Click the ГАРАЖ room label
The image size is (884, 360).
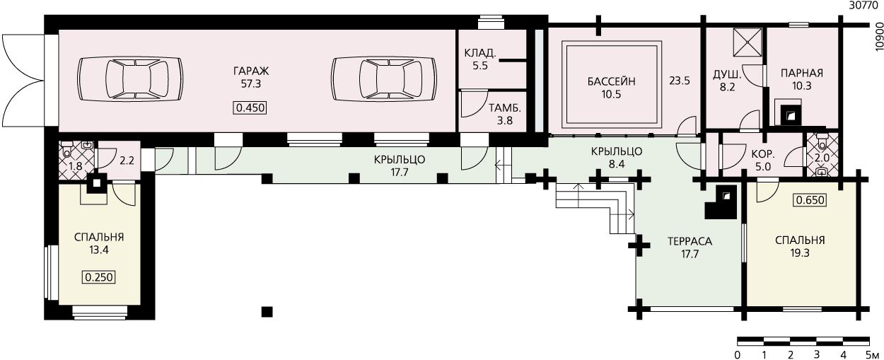pos(251,71)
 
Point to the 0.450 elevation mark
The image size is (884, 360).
pos(250,108)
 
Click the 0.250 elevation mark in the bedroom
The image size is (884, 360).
pos(99,277)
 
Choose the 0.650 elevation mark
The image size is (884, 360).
pos(810,200)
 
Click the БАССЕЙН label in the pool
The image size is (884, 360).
pos(611,82)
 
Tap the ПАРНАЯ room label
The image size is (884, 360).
pos(802,73)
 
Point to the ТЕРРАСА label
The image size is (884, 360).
pos(690,241)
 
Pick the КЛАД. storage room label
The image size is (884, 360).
pos(480,53)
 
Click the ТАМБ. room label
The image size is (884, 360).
pos(505,108)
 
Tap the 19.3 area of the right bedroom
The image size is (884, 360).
pos(800,253)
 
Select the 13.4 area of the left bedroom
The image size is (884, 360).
pos(99,250)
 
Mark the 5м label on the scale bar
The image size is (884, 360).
pos(873,354)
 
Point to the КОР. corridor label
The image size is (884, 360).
pos(763,153)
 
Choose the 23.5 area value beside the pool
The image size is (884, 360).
pos(680,81)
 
